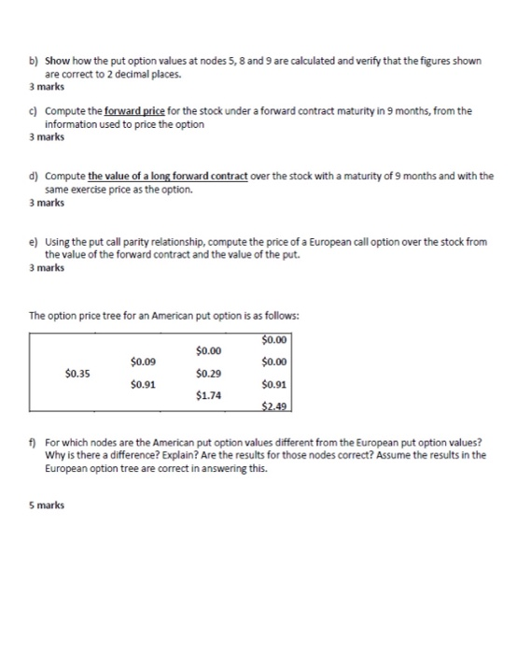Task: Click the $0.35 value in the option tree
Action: (77, 373)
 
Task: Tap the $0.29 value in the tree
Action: (209, 373)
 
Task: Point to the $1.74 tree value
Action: (209, 394)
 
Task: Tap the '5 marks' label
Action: (47, 505)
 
